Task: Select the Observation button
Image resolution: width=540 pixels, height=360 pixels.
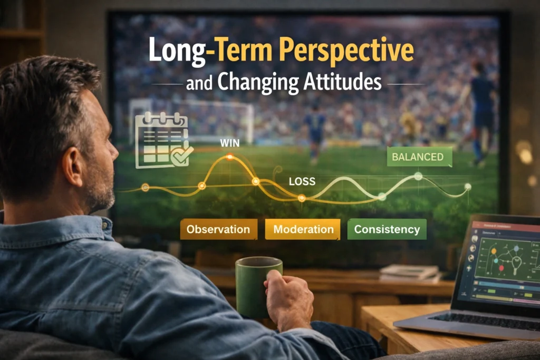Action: tap(218, 229)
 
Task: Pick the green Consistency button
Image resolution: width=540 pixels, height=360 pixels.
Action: tap(387, 229)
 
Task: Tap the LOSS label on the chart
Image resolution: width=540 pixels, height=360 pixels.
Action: tap(302, 182)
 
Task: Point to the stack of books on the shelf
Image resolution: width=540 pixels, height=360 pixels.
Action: tap(409, 272)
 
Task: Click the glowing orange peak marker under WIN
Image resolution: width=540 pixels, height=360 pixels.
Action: tap(229, 157)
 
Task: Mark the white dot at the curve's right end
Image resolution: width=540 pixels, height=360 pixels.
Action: tap(467, 187)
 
